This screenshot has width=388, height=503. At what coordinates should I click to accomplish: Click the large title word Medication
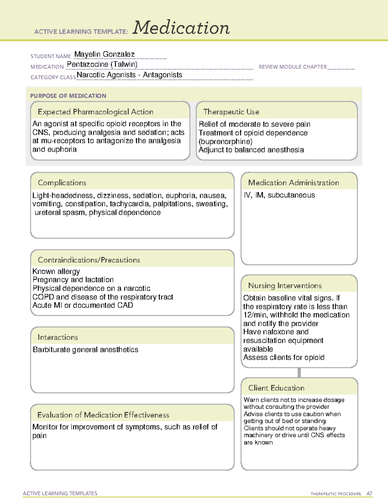tap(181, 28)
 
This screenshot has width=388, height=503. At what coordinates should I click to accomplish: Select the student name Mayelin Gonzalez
tap(104, 54)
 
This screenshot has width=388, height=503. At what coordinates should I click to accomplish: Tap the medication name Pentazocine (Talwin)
tap(102, 64)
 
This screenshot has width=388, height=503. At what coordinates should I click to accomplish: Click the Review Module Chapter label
tap(293, 67)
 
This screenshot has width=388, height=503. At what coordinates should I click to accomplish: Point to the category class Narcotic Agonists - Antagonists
tap(129, 75)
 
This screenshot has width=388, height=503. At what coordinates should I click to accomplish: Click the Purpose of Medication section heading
tap(68, 96)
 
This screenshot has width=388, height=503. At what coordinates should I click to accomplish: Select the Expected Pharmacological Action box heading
tap(95, 112)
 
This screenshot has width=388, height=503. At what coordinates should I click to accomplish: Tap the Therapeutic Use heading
tap(231, 112)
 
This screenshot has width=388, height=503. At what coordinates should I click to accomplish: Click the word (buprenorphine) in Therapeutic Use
tap(226, 142)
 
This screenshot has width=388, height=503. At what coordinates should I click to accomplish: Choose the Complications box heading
tap(62, 183)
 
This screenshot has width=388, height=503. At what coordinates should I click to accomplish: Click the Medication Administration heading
tap(294, 183)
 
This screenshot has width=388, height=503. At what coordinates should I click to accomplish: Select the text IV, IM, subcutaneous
tap(279, 195)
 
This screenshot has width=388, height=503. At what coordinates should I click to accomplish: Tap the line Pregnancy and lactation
tap(73, 280)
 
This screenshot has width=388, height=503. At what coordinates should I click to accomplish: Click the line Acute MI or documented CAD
tap(83, 305)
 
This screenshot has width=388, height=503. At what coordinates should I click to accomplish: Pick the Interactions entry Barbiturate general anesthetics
tap(86, 349)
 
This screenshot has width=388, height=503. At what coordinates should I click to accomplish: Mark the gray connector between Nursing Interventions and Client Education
tap(299, 372)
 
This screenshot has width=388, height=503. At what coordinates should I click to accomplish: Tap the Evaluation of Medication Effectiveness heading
tap(103, 415)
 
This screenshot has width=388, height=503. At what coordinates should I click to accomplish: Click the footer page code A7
tap(369, 494)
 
